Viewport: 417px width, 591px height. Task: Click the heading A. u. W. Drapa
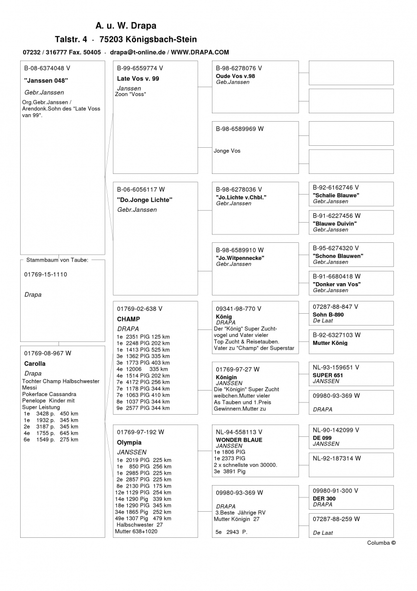click(126, 26)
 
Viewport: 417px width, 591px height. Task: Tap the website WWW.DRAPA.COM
click(200, 52)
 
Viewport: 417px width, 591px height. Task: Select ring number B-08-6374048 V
click(47, 68)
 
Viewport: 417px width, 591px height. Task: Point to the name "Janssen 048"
click(46, 80)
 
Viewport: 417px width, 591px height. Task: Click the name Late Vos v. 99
click(138, 79)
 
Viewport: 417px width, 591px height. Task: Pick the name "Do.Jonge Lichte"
click(145, 200)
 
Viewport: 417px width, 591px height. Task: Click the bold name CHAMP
click(128, 319)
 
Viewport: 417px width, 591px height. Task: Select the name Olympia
click(129, 443)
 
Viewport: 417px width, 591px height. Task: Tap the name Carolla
click(34, 364)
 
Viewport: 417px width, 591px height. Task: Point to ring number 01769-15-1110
click(46, 274)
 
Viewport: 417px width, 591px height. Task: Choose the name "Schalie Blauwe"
click(336, 196)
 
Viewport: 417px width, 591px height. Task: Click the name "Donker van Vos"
click(336, 284)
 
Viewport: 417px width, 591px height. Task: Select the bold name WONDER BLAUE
click(239, 440)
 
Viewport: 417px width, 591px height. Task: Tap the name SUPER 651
click(328, 375)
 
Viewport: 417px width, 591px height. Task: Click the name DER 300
click(324, 498)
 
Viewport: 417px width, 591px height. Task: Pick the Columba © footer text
click(381, 543)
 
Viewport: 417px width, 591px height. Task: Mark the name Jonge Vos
click(227, 151)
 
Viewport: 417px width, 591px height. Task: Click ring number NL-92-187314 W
click(337, 458)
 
